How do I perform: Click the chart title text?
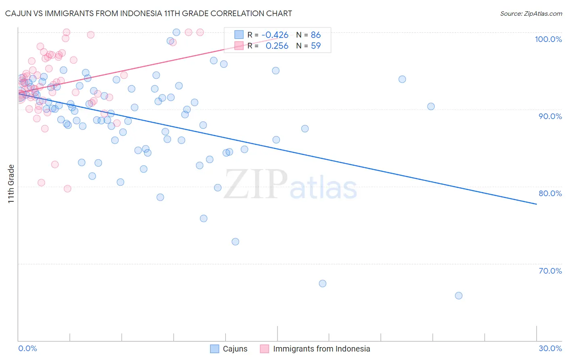[148, 13]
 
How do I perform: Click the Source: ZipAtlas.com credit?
[531, 14]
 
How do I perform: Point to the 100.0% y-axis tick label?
[548, 39]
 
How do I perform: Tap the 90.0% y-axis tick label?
[550, 116]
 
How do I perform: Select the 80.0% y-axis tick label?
[550, 193]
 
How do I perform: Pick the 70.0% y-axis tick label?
[550, 271]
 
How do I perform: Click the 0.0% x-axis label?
[27, 348]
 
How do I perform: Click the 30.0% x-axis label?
[550, 348]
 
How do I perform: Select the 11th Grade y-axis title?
[11, 184]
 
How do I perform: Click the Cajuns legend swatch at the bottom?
[215, 349]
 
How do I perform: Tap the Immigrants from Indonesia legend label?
[321, 349]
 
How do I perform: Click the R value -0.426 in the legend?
[275, 35]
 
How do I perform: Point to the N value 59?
[316, 46]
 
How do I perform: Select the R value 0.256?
[277, 46]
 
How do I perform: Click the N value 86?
[316, 35]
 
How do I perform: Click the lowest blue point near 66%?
[459, 295]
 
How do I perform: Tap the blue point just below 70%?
[323, 283]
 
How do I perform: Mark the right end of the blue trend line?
[536, 204]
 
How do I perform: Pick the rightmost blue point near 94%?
[402, 79]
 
